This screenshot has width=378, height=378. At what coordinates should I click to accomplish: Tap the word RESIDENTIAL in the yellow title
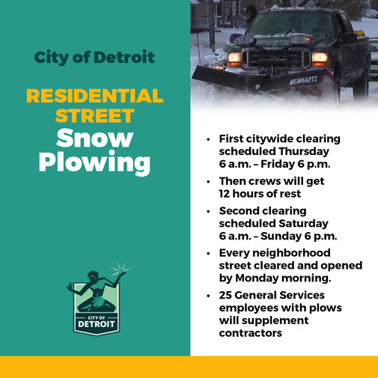(94, 97)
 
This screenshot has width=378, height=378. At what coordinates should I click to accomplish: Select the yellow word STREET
(94, 117)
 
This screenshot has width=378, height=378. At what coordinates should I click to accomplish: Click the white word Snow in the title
(94, 138)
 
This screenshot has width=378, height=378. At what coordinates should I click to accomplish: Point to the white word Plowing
(94, 162)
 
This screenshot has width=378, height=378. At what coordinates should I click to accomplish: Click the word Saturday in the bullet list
(303, 223)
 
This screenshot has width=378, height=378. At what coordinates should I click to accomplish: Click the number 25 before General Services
(227, 296)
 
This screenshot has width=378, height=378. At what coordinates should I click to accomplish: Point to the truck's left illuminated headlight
(234, 56)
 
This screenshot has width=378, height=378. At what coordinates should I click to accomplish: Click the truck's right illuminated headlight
(320, 57)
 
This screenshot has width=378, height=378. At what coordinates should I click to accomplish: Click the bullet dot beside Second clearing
(208, 212)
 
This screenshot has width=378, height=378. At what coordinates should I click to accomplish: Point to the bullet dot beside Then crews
(208, 181)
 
